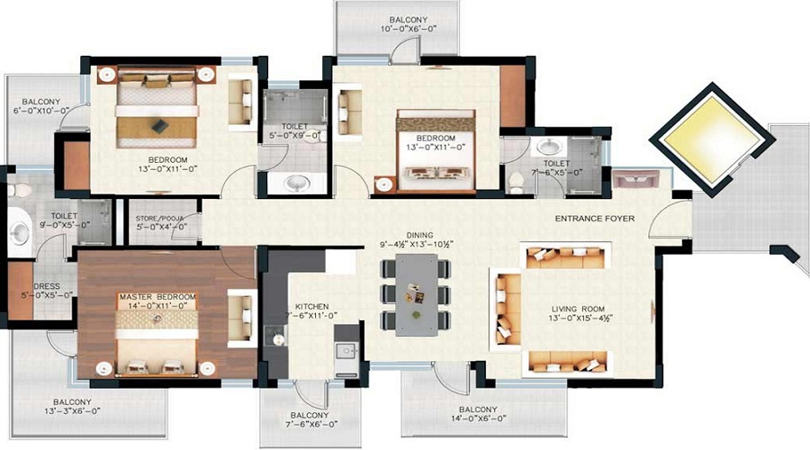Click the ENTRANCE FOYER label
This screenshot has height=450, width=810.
point(596,219)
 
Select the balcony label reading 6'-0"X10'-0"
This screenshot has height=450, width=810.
point(40,106)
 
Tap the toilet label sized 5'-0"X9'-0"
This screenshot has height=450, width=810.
point(295,131)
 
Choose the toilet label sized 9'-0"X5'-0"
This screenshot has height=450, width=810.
point(64,221)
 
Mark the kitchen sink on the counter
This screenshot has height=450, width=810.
point(345,350)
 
